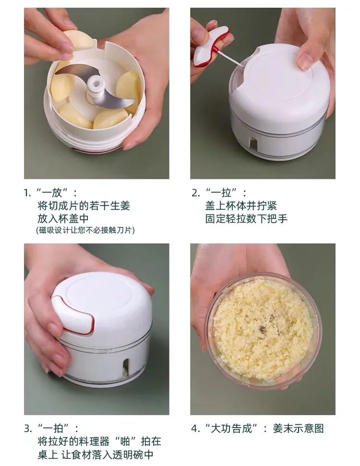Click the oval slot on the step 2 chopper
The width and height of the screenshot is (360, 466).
253,143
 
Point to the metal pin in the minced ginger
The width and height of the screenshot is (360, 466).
262,329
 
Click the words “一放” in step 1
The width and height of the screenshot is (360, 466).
53,193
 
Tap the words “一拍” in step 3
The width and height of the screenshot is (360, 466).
54,429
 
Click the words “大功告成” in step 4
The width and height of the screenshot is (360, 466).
231,429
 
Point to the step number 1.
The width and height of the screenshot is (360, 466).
26,193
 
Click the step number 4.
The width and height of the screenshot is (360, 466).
194,429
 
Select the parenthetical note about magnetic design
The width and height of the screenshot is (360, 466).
85,230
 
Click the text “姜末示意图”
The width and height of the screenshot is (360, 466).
298,429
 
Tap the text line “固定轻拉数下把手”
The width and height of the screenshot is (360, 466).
246,219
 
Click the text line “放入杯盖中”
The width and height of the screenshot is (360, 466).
63,218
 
